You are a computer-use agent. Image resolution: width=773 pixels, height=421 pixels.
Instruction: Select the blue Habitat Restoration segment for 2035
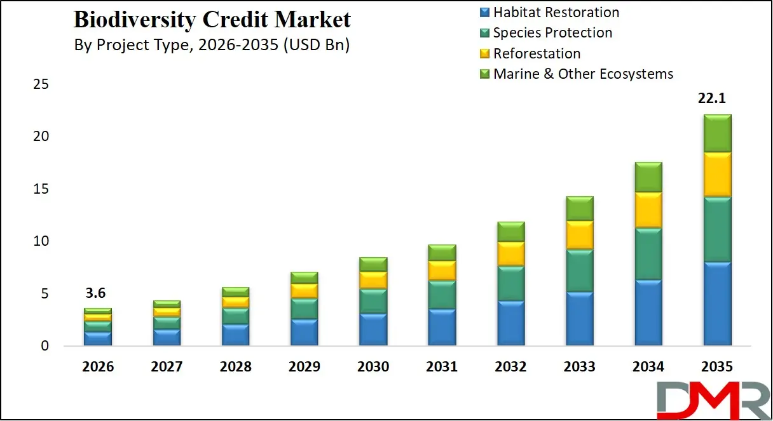click(x=717, y=304)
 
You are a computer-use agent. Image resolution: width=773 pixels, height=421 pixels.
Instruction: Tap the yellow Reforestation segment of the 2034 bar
click(x=648, y=210)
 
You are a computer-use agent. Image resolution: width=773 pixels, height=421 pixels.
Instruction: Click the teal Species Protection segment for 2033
click(x=580, y=271)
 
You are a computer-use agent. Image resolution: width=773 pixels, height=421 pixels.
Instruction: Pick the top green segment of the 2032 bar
click(x=511, y=232)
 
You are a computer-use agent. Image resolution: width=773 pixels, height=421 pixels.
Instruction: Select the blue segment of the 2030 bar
click(x=373, y=330)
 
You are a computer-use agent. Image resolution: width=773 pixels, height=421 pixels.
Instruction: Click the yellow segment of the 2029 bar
click(x=304, y=291)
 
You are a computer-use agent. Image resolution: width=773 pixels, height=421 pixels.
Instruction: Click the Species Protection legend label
click(x=552, y=32)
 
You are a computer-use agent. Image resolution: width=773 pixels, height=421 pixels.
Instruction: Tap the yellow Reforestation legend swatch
click(x=484, y=53)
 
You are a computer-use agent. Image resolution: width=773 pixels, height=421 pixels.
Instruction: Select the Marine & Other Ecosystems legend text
click(x=583, y=74)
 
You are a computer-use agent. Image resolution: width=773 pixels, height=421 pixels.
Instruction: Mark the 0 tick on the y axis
click(x=44, y=346)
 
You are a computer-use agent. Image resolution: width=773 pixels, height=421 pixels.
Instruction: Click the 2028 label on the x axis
click(x=235, y=367)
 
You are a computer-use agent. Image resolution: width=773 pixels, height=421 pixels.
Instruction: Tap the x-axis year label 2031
click(x=442, y=367)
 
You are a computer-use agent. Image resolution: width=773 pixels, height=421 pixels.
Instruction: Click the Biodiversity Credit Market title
click(x=212, y=20)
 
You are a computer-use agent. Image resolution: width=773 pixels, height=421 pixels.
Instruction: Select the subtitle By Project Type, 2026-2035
click(x=212, y=46)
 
